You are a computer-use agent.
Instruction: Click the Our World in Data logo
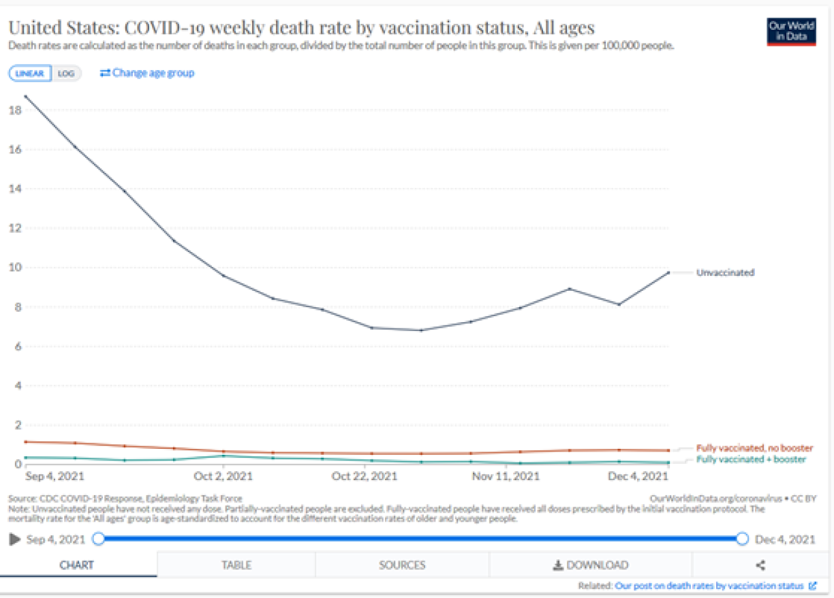coord(791,31)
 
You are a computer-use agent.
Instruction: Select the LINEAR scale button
coord(29,74)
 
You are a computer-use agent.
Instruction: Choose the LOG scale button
coord(66,74)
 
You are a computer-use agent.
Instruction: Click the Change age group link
coord(147,73)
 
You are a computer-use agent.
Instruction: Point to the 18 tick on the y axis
coord(13,110)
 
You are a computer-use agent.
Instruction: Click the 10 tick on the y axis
coord(13,268)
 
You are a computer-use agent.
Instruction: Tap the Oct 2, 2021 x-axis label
coord(223,476)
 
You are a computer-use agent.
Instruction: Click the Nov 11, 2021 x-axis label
coord(506,476)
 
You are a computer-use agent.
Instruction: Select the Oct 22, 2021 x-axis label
coord(365,476)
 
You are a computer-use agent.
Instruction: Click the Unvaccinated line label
coord(725,272)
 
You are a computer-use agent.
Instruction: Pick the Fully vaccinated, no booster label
coord(754,448)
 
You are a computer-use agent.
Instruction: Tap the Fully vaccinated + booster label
coord(750,460)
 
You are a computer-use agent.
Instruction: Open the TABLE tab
coord(236,565)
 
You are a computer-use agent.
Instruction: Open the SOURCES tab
coord(402,565)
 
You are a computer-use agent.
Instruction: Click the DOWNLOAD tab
coord(590,565)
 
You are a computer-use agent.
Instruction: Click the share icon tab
coord(761,565)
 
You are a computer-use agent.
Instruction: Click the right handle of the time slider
coord(742,539)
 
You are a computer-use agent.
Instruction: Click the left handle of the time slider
coord(98,539)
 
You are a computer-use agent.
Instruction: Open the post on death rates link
coord(709,586)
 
